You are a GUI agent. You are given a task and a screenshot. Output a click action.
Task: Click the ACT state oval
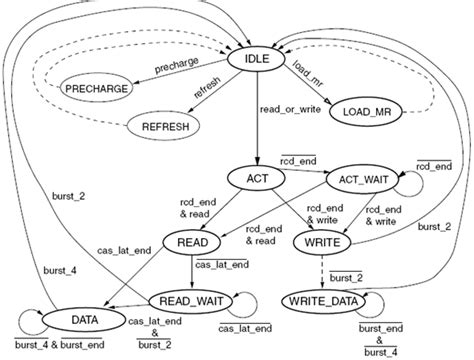(x=257, y=178)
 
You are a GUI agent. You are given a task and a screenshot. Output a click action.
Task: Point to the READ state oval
(x=192, y=242)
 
